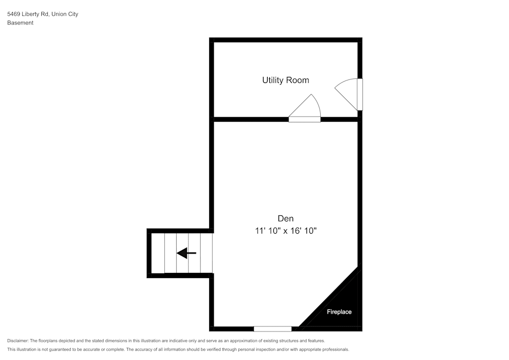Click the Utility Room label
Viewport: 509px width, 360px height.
285,80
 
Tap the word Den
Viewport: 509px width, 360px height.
285,218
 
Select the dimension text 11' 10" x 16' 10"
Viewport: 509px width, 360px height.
286,231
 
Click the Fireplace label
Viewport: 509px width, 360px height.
339,312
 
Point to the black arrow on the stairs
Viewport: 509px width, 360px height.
186,253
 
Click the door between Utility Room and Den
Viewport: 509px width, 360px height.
304,119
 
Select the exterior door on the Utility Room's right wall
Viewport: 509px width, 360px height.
359,94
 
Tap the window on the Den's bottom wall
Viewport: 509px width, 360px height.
273,329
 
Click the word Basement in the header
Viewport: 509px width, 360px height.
20,23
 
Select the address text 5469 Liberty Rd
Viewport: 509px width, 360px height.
27,14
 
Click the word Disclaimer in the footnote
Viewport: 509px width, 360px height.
18,341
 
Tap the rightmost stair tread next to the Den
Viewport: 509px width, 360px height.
206,253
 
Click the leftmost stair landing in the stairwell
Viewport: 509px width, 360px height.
158,253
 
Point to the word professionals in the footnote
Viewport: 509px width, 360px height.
333,349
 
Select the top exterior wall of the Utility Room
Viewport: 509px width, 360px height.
285,40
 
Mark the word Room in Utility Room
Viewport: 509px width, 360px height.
297,80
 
